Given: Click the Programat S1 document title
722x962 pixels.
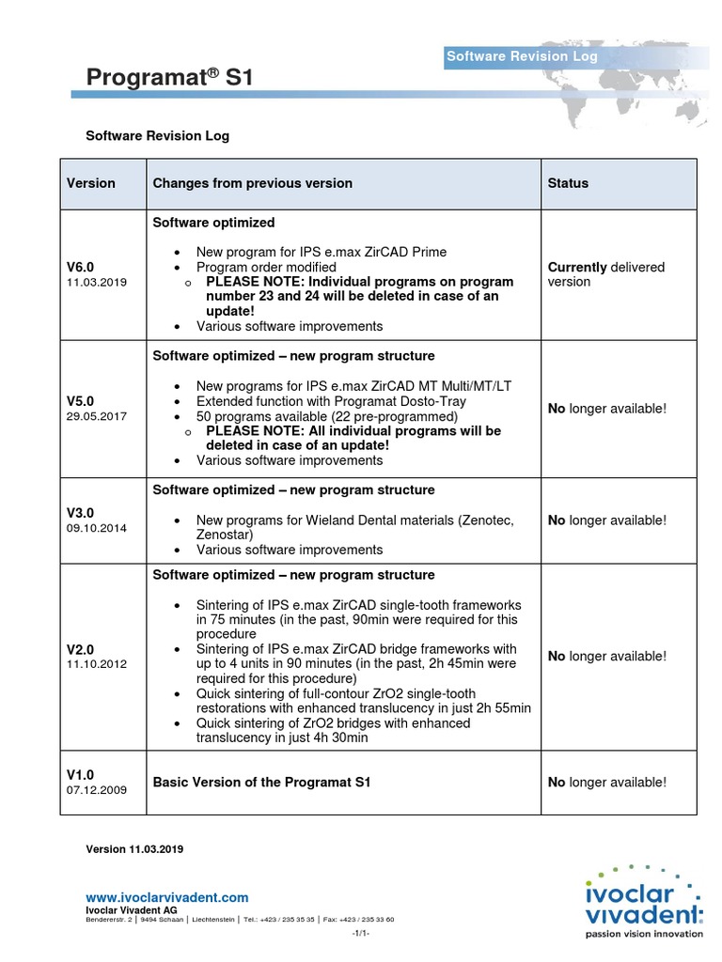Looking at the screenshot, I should (170, 78).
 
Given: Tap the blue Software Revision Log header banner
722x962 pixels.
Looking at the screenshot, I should (522, 56).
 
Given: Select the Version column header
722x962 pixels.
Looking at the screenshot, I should (91, 183).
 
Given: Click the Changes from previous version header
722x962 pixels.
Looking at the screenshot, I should (253, 183).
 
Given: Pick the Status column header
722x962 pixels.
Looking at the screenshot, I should (568, 183).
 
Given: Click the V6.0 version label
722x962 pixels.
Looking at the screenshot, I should (80, 267).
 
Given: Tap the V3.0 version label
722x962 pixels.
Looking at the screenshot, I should (80, 513).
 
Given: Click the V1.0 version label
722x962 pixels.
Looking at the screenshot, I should (80, 774).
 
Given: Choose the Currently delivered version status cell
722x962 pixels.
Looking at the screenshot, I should (605, 274).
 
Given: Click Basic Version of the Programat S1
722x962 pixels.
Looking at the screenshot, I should (268, 782).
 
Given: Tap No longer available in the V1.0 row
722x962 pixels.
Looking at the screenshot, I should (606, 782).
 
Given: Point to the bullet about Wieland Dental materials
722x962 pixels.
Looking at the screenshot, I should (354, 528).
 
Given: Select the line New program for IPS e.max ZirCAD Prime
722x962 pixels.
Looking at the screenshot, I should (321, 252).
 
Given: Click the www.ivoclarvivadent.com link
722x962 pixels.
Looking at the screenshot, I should (167, 897).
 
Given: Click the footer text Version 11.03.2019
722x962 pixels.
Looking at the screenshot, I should (134, 848).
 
